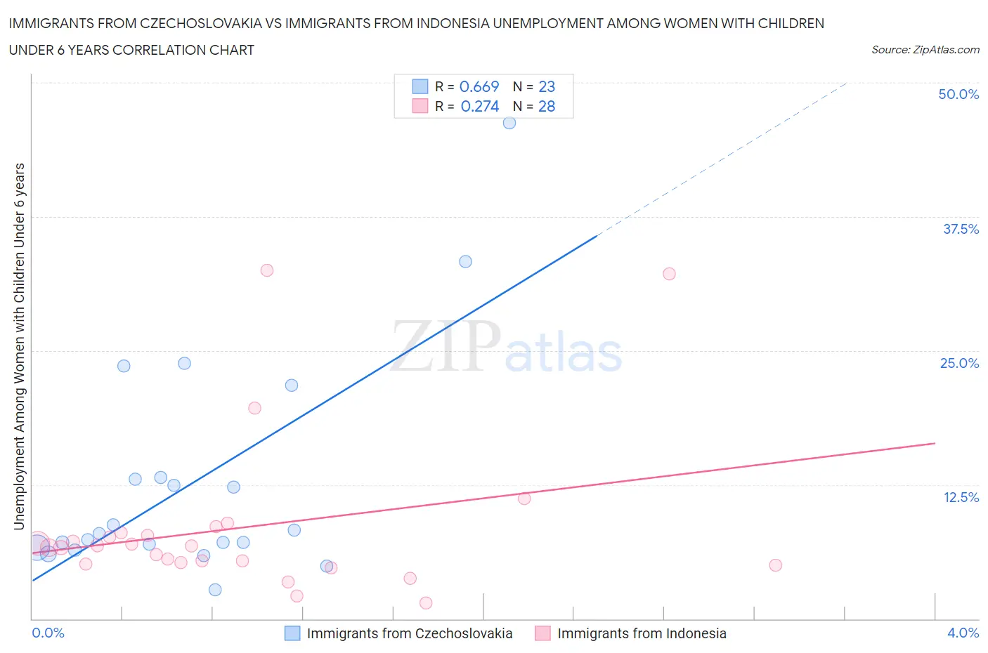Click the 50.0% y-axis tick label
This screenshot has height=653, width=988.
tap(958, 95)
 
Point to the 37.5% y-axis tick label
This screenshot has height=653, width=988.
tap(961, 229)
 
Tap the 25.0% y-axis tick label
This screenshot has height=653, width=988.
tap(959, 363)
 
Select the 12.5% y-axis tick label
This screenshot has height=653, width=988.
tap(961, 497)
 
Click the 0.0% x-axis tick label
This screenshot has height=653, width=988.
tap(48, 633)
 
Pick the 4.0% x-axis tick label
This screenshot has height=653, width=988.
tap(963, 633)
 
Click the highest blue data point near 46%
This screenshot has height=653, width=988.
tap(509, 123)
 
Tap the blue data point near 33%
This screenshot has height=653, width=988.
tap(465, 261)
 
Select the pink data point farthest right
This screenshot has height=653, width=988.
tap(775, 565)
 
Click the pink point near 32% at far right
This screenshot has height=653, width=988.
tap(669, 274)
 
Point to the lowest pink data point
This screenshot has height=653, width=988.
tap(426, 602)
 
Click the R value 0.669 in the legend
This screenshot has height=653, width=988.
tap(479, 86)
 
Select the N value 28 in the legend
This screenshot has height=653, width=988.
tap(547, 106)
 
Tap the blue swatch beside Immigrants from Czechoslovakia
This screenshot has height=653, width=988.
tap(292, 633)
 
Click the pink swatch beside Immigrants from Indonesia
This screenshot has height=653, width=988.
tap(542, 633)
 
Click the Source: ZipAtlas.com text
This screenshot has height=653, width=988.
tap(925, 50)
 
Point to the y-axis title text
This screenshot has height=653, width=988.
tap(19, 346)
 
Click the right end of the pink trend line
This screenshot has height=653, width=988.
tap(935, 443)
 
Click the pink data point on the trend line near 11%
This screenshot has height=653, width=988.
tap(524, 499)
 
